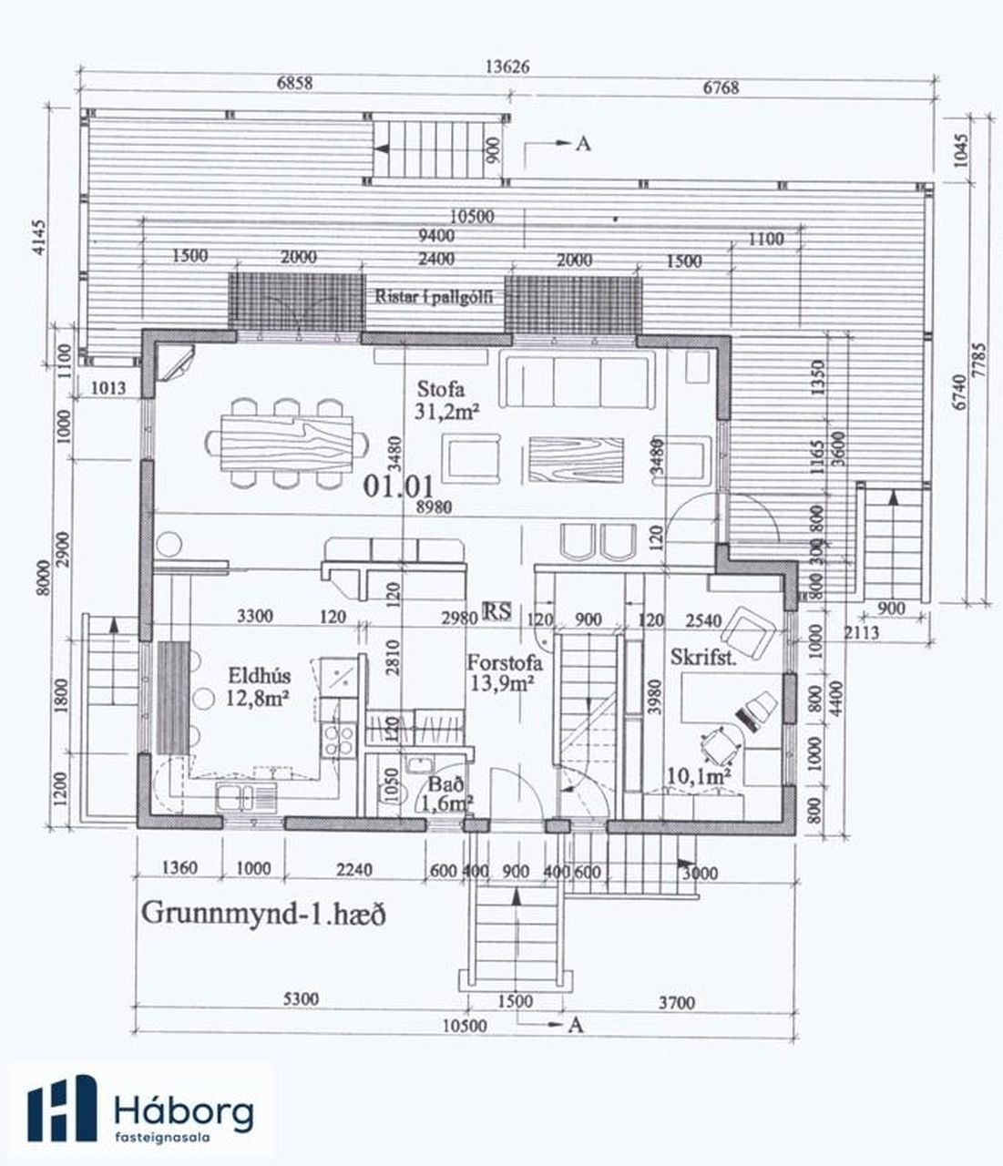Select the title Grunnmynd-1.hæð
(x=264, y=914)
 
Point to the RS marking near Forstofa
(x=497, y=611)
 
